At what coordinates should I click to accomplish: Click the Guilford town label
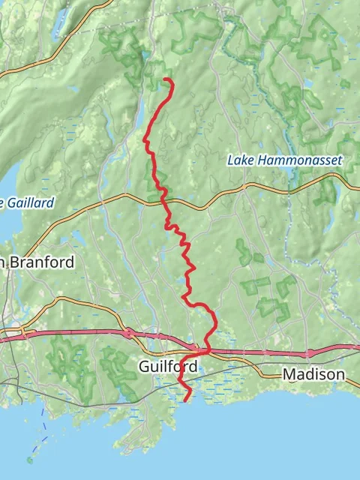pos(168,367)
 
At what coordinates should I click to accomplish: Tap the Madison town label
pos(313,373)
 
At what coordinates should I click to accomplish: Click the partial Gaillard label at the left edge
pos(27,202)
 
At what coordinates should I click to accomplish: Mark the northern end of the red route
pos(166,79)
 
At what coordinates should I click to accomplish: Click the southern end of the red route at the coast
pos(185,400)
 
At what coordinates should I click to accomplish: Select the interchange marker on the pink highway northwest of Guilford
pos(129,332)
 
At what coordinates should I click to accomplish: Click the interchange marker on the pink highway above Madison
pos(308,352)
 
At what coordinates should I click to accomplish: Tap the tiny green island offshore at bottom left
pos(30,460)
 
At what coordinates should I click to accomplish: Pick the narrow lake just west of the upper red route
pos(139,112)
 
